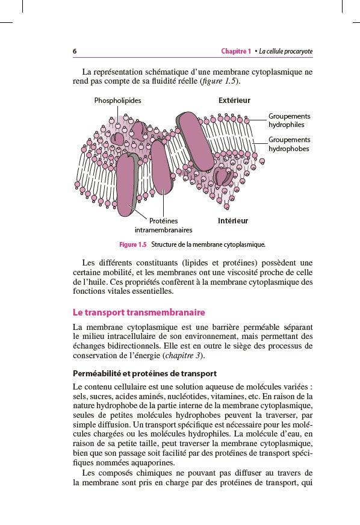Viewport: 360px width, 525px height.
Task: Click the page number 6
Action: [75, 51]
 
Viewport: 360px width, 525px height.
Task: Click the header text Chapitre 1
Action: [236, 51]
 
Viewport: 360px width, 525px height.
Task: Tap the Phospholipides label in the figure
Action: [117, 101]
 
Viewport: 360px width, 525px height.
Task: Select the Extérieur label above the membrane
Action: [234, 101]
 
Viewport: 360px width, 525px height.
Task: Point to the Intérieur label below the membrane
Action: [233, 221]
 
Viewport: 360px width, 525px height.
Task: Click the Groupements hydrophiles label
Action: [290, 120]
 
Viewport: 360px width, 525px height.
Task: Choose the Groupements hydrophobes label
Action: [290, 144]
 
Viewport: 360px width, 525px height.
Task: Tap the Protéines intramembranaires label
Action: [163, 226]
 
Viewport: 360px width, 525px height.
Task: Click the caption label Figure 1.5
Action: [133, 244]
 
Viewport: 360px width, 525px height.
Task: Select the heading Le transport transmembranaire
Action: [139, 312]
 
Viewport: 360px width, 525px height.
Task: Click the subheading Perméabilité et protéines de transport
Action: [144, 374]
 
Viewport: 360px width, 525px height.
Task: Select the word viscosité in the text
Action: [238, 272]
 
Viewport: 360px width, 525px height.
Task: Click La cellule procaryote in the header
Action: [285, 51]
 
